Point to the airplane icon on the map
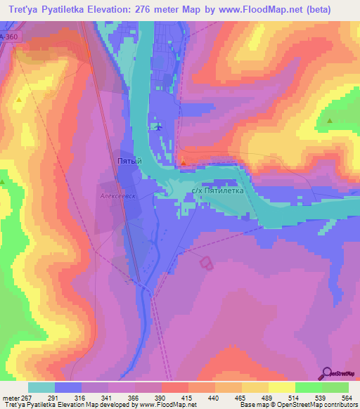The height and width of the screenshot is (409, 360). (158, 127)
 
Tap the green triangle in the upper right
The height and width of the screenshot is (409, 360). (329, 121)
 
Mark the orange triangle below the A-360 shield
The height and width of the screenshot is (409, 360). (18, 100)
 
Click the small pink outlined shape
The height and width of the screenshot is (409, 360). (206, 263)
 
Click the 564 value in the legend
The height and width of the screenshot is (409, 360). (342, 397)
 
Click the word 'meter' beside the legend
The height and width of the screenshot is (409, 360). (11, 397)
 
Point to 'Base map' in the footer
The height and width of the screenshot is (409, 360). (251, 405)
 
